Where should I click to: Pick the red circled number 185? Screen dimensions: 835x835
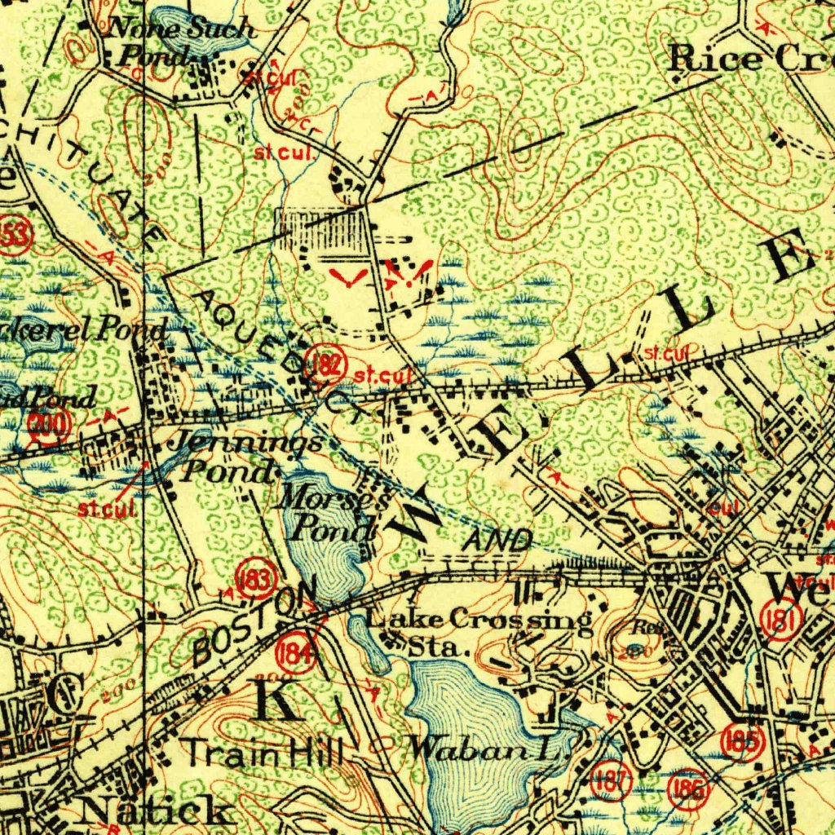point(742,742)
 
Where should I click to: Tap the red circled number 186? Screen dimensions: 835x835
point(687,789)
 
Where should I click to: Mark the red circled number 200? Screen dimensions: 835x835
point(48,426)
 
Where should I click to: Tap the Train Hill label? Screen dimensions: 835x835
point(262,751)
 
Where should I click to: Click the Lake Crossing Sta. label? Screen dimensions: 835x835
point(477,630)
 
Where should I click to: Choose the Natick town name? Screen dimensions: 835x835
point(155,811)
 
